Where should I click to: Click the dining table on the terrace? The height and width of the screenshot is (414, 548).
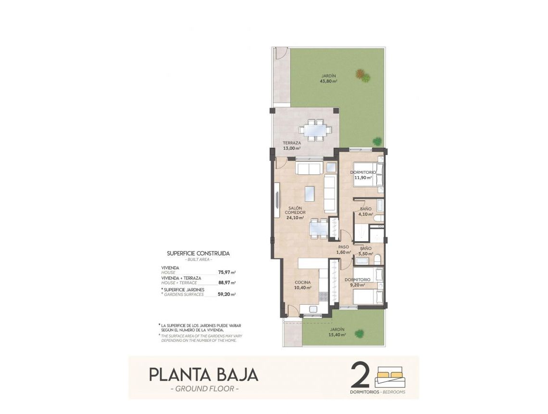click(314, 130)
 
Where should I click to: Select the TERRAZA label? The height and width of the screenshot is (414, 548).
click(292, 143)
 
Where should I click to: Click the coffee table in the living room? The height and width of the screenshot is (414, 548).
click(310, 194)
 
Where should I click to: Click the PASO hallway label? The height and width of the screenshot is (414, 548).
click(343, 247)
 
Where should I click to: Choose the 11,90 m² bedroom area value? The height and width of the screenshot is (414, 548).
click(363, 177)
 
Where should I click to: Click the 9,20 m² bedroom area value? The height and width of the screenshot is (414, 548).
click(357, 285)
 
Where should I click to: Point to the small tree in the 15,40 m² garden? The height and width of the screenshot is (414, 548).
click(359, 333)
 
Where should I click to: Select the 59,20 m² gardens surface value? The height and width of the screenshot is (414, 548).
click(226, 294)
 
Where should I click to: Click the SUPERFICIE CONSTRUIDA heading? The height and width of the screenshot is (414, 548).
click(198, 253)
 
